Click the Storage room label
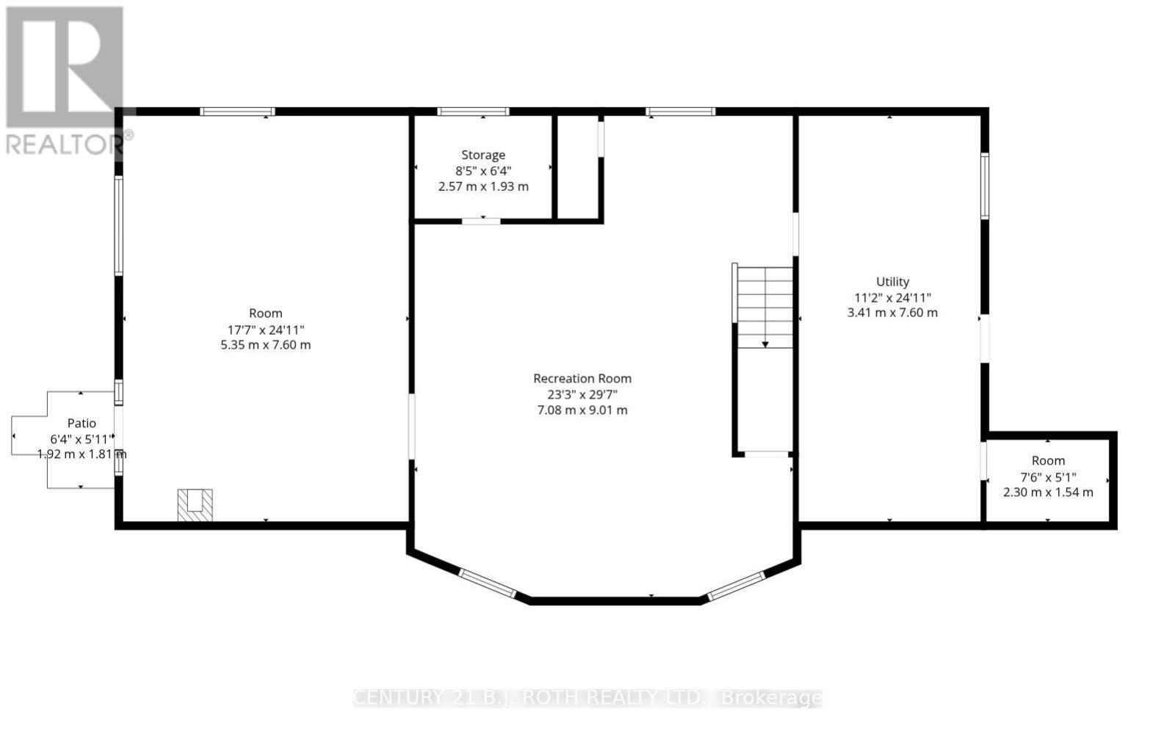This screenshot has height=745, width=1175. (483, 155)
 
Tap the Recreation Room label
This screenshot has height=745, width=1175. (582, 379)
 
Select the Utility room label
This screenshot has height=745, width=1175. (892, 282)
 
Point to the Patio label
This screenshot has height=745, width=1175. (82, 423)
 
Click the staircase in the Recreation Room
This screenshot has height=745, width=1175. (765, 308)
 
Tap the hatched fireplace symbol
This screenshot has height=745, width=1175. (195, 505)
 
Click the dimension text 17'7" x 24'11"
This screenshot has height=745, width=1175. (265, 330)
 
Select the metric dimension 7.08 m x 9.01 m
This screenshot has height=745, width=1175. (582, 410)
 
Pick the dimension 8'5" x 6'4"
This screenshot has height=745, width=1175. (483, 171)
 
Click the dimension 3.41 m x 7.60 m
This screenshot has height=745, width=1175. (892, 313)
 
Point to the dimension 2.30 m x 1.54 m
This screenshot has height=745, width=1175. (1048, 493)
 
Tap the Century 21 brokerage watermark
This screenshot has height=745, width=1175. (587, 698)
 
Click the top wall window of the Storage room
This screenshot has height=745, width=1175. (473, 112)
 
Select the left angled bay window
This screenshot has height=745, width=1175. (488, 584)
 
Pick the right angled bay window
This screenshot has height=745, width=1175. (736, 586)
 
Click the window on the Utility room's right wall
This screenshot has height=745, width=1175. (985, 186)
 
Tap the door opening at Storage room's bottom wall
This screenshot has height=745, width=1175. (481, 221)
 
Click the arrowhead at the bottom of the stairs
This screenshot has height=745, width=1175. (765, 344)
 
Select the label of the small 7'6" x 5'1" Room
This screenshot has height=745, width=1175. (1048, 461)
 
